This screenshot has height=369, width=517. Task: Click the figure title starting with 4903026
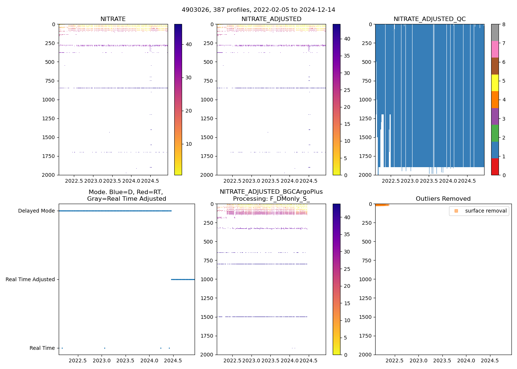pos(258,10)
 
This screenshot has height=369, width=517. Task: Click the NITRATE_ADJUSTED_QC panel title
pos(429,19)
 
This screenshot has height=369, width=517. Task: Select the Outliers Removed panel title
pos(443,199)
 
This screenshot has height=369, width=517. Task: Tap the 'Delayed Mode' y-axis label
pos(36,211)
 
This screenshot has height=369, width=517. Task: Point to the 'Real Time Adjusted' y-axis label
pos(30,280)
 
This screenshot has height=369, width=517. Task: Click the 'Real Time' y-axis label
pos(42,348)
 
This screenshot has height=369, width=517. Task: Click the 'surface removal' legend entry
pos(486,211)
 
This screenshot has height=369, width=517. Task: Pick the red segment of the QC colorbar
pos(495,166)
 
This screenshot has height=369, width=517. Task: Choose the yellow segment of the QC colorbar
pos(495,83)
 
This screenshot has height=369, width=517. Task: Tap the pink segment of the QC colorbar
pos(495,49)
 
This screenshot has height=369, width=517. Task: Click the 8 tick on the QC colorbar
pos(504,24)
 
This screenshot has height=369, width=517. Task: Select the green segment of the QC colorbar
pos(495,133)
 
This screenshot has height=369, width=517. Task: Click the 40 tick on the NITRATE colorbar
pos(188,44)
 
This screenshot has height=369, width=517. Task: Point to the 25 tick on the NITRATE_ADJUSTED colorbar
pos(347,90)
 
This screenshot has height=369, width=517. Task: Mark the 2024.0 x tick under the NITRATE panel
pos(131,181)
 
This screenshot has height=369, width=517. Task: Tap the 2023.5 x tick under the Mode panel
pos(125,361)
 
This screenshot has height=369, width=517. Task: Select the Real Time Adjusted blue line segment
pos(183,280)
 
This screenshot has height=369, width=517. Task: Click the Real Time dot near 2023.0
pos(105,348)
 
